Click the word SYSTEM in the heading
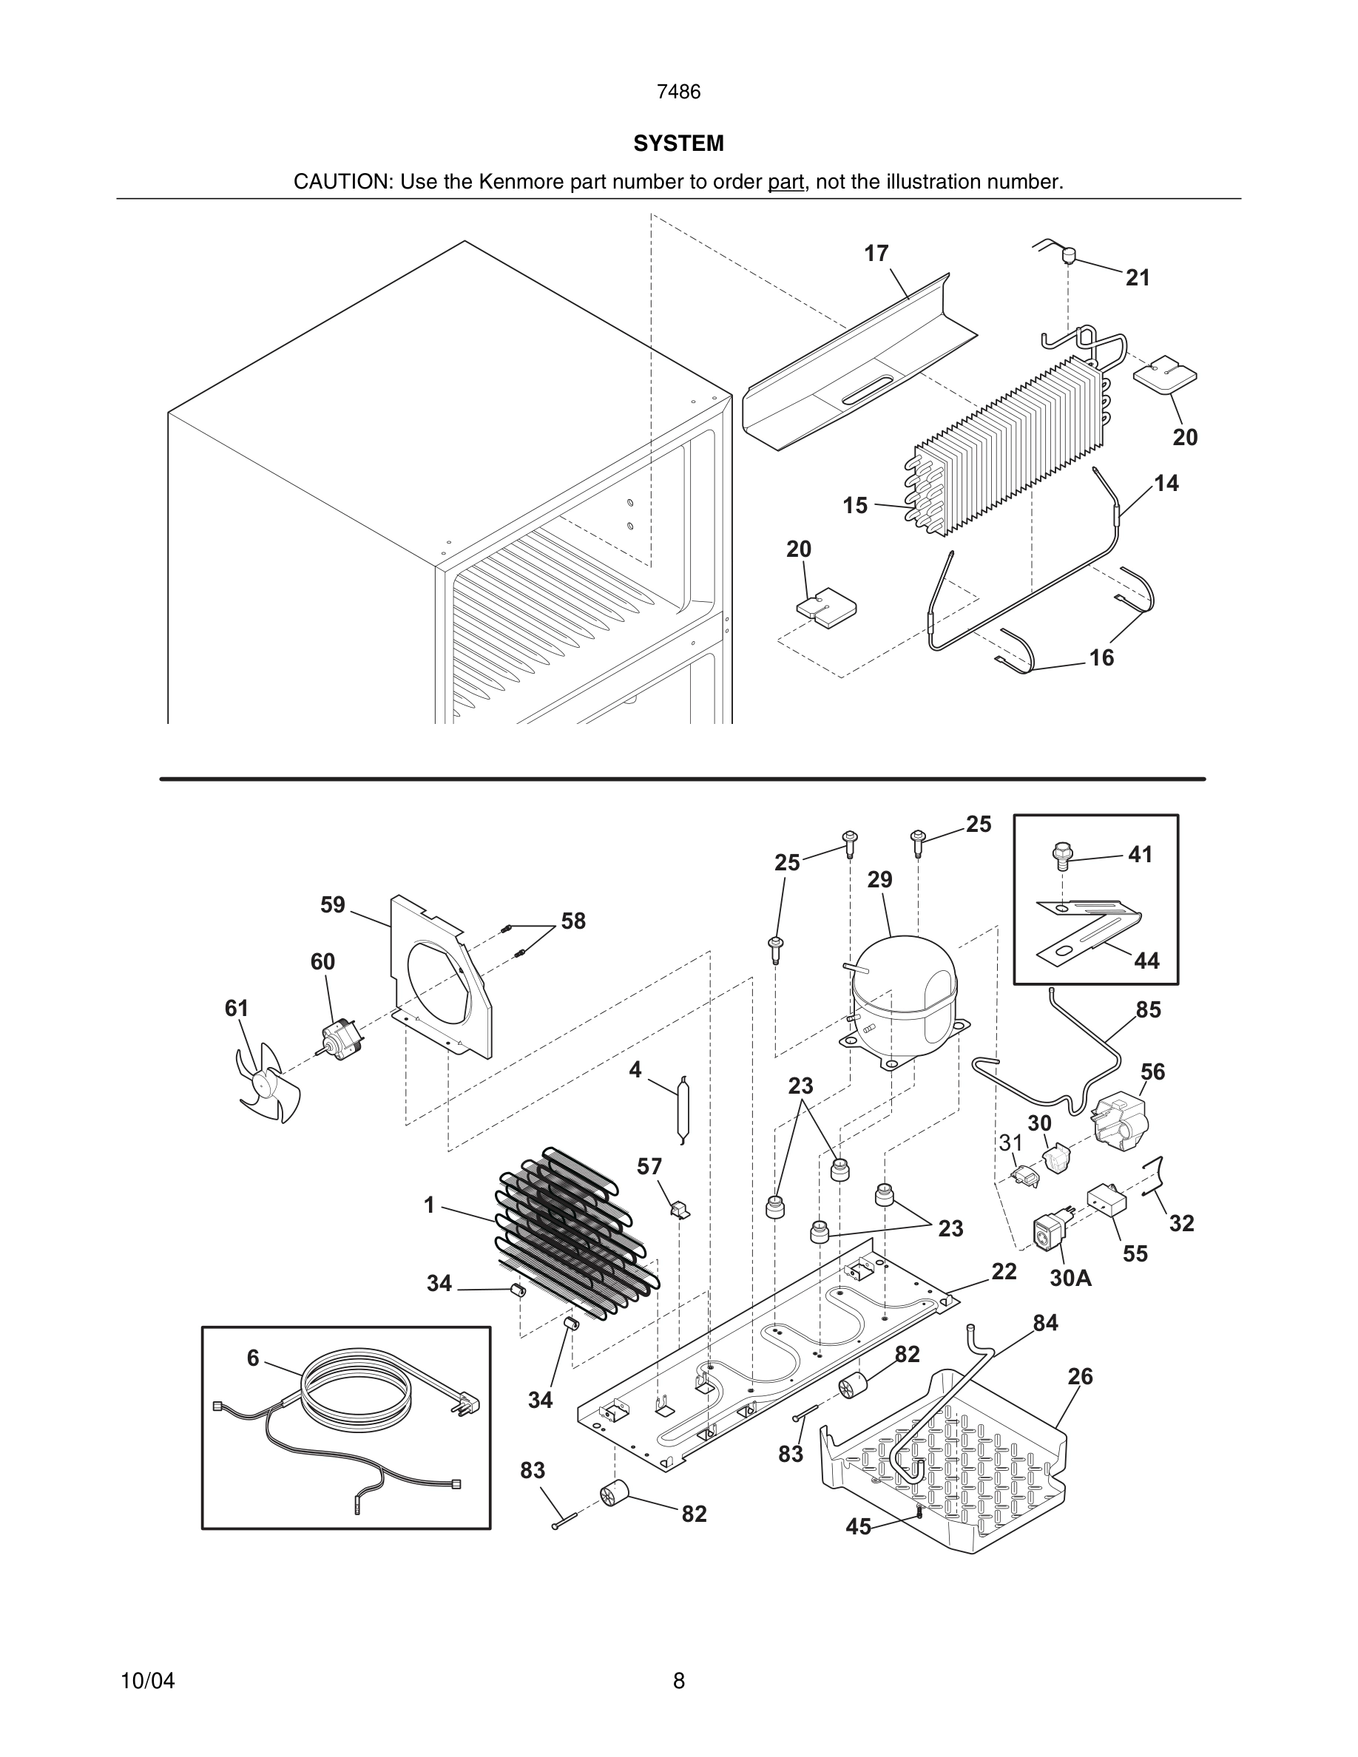point(678,143)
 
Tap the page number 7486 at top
point(678,92)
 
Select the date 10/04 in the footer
point(147,1681)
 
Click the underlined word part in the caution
point(786,183)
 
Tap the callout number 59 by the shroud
point(332,905)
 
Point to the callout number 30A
point(1070,1278)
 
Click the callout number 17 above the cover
point(876,254)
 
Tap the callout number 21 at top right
point(1138,278)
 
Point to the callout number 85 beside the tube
point(1148,1009)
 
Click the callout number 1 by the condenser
point(429,1205)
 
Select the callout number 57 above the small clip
point(649,1166)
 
